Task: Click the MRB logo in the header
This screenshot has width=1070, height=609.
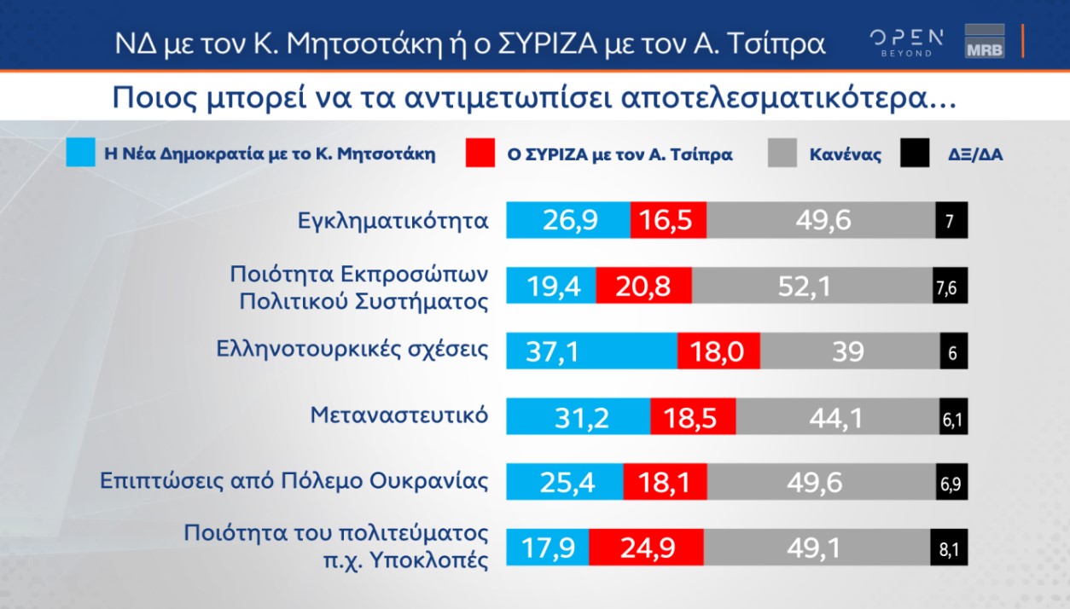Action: (x=984, y=42)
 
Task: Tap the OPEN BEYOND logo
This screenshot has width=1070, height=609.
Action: (x=905, y=42)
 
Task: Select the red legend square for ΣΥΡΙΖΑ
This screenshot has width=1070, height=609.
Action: (x=481, y=154)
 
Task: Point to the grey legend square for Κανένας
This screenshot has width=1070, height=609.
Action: (x=782, y=154)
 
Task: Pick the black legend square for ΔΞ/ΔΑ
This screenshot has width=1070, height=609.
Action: (x=915, y=154)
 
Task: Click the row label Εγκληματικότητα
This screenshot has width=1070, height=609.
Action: (x=388, y=221)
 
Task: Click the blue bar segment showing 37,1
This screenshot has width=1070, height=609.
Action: (x=591, y=351)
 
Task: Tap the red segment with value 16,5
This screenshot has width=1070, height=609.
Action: (x=668, y=221)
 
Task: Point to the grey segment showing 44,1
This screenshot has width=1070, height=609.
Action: (x=837, y=416)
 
